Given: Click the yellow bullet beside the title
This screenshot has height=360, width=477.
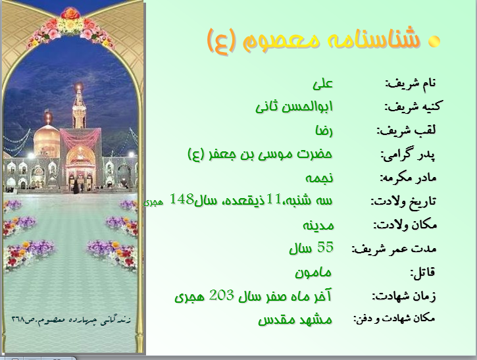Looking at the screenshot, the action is click(434, 41).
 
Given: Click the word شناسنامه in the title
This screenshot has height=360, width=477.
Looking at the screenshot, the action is click(374, 38).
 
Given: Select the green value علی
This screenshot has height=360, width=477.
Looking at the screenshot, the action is click(323, 84).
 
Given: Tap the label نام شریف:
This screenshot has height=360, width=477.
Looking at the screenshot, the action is click(411, 83).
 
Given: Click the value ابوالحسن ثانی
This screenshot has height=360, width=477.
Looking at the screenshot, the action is click(294, 107).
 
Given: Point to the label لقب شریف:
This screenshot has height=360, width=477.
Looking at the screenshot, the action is click(407, 130).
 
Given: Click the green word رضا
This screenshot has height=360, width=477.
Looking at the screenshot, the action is click(324, 131).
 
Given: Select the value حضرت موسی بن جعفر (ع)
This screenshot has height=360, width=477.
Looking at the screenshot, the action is click(260, 154).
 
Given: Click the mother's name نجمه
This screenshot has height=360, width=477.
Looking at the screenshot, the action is click(319, 178).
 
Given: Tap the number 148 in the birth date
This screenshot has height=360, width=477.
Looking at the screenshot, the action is click(182, 199).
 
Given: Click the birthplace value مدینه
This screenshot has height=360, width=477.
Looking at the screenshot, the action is click(318, 226).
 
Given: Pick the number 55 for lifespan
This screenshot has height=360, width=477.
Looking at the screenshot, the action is click(325, 247).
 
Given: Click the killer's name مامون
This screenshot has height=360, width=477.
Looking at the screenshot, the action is click(313, 272).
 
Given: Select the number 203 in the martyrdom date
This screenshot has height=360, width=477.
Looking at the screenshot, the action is click(222, 296).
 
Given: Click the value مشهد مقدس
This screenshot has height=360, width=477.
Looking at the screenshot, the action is click(295, 320).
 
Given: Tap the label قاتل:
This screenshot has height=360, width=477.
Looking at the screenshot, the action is click(423, 272).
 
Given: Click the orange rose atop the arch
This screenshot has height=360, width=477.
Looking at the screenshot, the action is click(70, 13).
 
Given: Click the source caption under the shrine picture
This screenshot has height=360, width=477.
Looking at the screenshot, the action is click(71, 320).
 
